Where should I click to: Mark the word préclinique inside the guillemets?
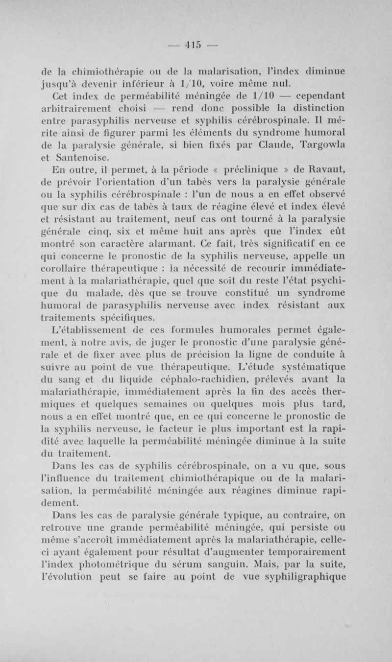point(265,170)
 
